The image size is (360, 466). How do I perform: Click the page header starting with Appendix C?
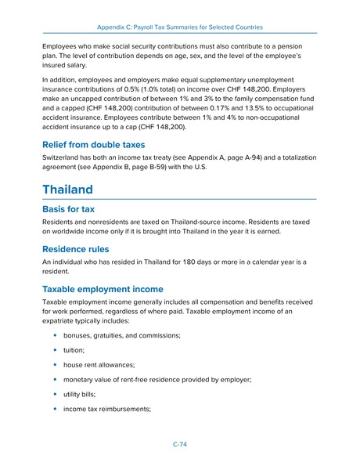click(179, 26)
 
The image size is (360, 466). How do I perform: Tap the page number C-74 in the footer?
click(179, 444)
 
